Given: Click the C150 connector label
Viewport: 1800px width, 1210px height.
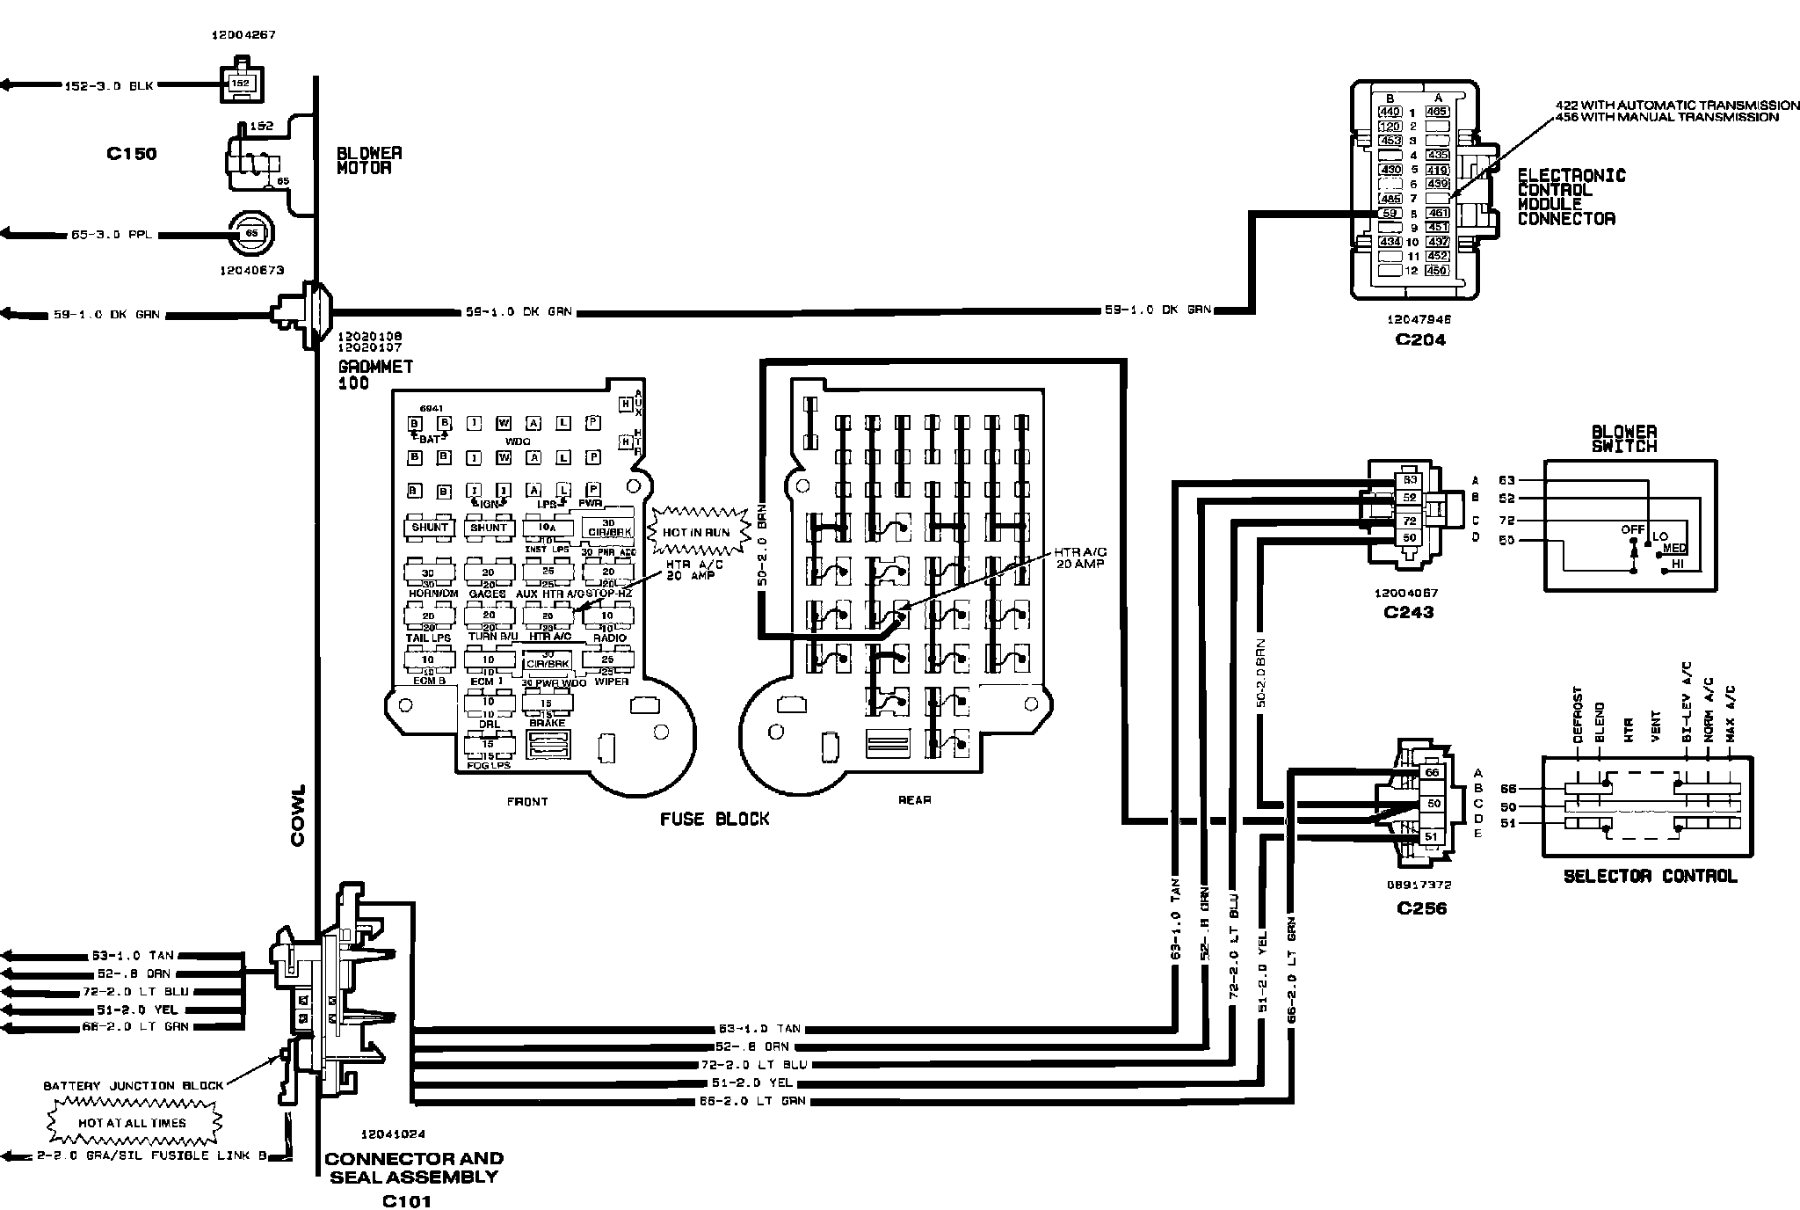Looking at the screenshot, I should tap(131, 154).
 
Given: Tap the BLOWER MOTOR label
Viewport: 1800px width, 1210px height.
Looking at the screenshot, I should tap(369, 160).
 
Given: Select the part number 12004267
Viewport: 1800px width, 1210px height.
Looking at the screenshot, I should tap(243, 36).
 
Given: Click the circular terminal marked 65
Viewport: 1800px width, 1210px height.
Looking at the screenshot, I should tap(250, 233).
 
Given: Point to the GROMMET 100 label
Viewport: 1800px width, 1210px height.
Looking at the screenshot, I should tap(375, 375).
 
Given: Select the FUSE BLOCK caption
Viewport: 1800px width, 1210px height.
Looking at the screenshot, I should tap(715, 819).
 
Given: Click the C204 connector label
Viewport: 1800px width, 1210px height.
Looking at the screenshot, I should tap(1420, 339).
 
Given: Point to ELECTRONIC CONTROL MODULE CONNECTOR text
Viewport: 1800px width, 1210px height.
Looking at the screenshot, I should tap(1571, 197).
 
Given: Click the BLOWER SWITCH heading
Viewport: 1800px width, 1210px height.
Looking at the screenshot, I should tap(1624, 439).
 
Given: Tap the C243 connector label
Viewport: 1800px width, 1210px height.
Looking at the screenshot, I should tap(1408, 612).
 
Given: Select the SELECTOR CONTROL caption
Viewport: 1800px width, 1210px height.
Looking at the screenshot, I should tap(1650, 876).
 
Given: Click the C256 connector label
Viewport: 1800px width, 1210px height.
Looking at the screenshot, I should tap(1421, 908).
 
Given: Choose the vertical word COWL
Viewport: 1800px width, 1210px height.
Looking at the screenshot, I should tap(297, 816).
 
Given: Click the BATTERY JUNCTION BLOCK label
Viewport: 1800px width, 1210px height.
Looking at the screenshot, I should tap(134, 1085).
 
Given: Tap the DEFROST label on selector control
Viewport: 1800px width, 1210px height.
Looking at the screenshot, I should tap(1578, 716).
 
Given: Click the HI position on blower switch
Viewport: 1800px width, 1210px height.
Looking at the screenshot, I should tap(1677, 563).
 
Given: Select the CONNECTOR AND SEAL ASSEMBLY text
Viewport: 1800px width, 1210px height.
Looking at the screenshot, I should tap(414, 1168).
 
